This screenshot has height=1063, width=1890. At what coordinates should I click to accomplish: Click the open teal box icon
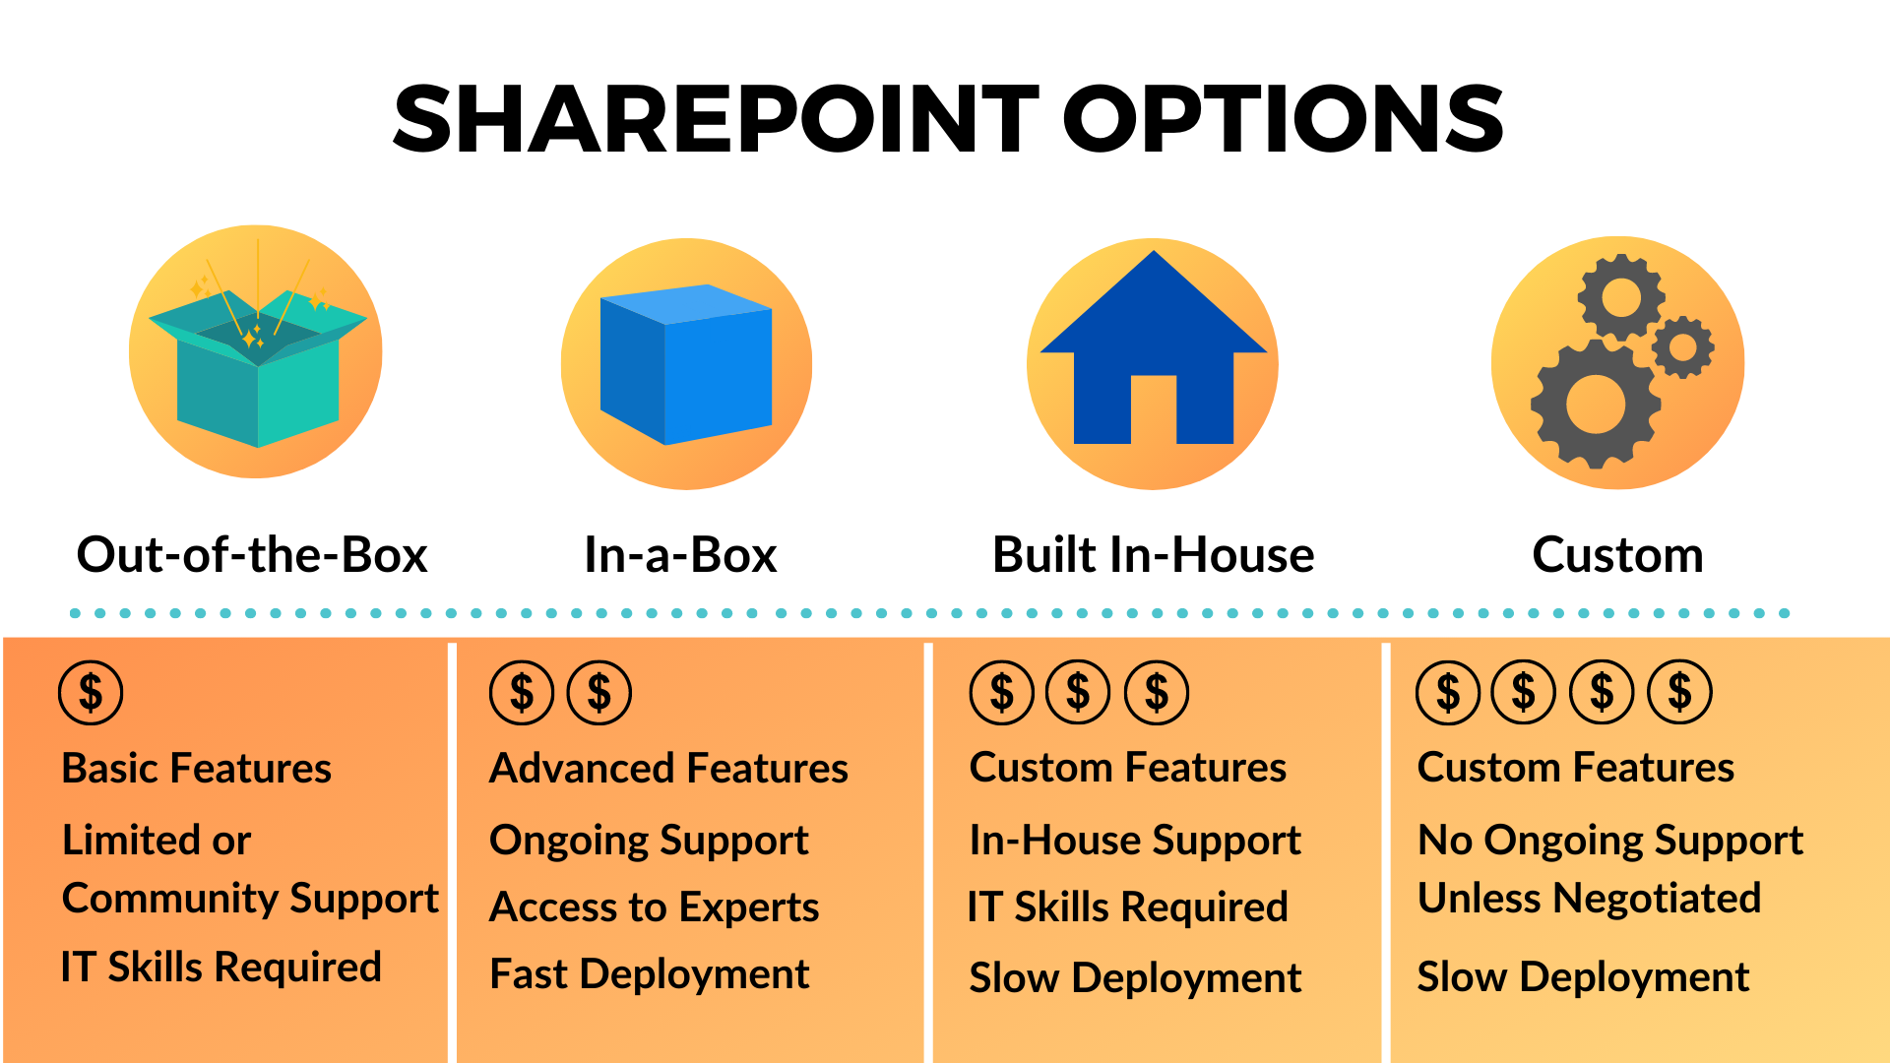coord(257,369)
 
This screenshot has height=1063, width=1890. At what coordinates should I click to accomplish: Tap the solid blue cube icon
coord(685,364)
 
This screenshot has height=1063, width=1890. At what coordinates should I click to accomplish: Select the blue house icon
coord(1153,354)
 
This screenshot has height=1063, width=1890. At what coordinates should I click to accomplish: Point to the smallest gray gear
coord(1683,346)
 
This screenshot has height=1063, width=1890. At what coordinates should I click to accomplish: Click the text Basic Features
coord(196,768)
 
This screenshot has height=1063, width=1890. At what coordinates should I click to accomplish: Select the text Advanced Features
coord(668,768)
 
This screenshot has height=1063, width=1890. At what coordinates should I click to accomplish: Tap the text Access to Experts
coord(654,907)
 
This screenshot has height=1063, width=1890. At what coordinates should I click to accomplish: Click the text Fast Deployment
coord(649,974)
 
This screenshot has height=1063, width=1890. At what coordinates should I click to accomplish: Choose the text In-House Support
coord(1135,840)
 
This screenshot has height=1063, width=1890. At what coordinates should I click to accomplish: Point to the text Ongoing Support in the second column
coord(649,840)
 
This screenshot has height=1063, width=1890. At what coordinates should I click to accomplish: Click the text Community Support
coord(250,898)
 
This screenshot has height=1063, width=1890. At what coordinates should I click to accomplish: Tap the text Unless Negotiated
coord(1589,898)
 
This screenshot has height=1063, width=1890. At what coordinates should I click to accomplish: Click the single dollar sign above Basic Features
coord(91,693)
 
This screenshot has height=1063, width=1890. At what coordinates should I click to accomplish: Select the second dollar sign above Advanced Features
coord(599,693)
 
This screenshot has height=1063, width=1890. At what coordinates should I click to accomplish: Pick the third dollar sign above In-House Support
coord(1157,693)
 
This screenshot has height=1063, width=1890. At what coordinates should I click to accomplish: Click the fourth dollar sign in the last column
coord(1680,693)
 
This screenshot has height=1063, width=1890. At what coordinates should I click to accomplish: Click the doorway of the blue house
coord(1153,409)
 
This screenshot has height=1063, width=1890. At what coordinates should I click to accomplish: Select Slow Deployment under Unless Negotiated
coord(1583,976)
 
